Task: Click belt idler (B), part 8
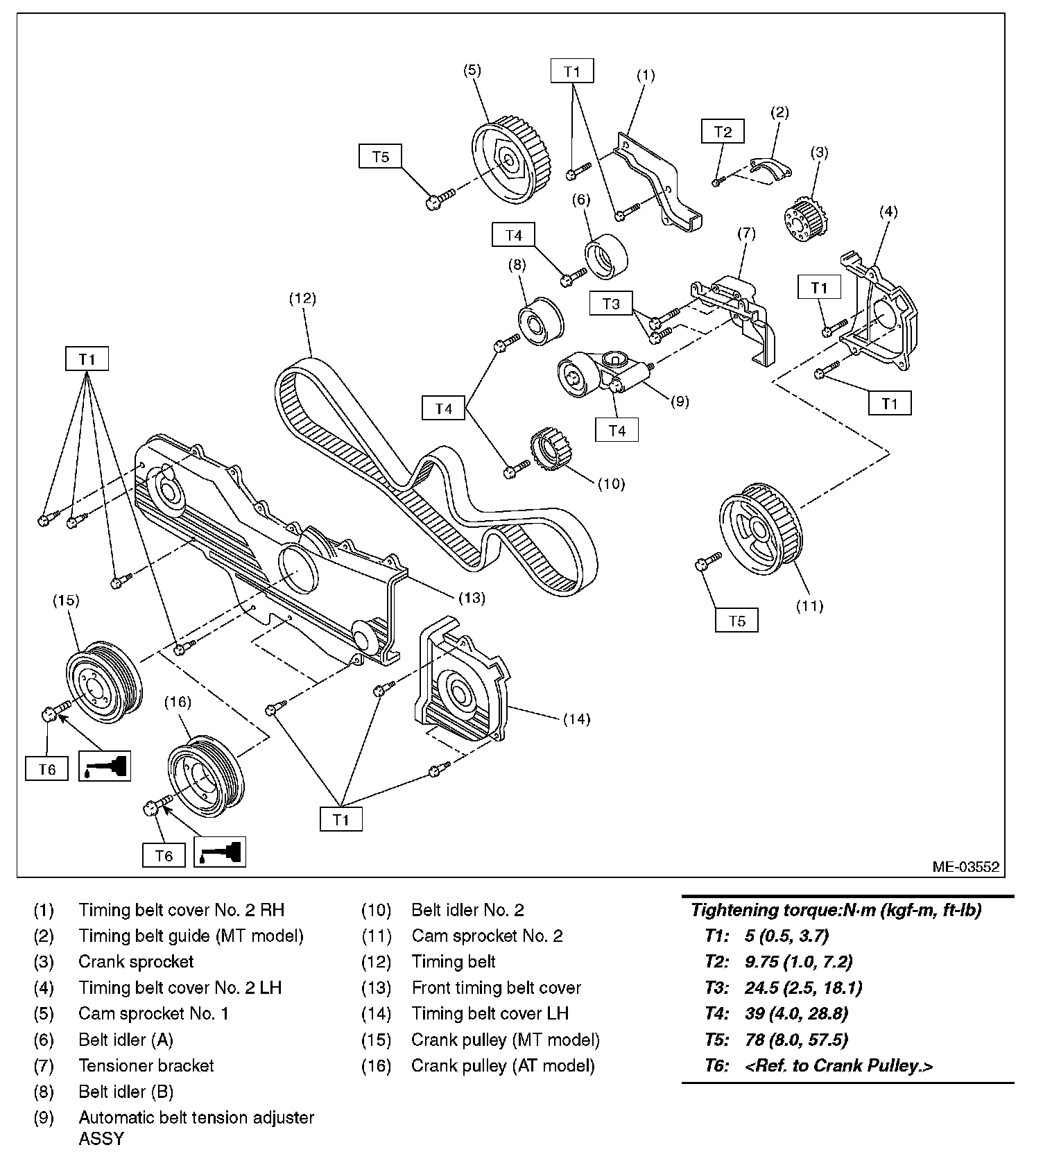[x=541, y=322]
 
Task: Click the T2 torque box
[x=723, y=132]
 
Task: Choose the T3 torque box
[x=611, y=304]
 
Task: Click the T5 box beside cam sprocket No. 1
[x=381, y=157]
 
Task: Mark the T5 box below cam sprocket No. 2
[x=736, y=621]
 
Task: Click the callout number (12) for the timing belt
[x=302, y=298]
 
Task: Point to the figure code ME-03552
[x=965, y=866]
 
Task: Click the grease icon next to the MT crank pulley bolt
[x=104, y=766]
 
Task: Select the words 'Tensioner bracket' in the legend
[x=146, y=1065]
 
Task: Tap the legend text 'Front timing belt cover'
[x=496, y=988]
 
